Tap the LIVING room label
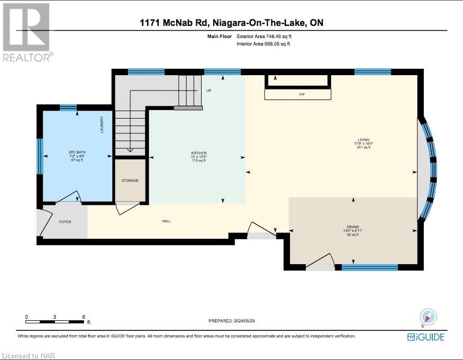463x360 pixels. (x=363, y=140)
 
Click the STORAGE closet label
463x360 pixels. (x=130, y=181)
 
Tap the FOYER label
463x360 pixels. (x=65, y=222)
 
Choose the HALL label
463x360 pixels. (x=166, y=221)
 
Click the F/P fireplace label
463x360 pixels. (x=302, y=94)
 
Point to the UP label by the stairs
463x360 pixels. (x=208, y=91)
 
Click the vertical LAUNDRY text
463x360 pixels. (x=102, y=125)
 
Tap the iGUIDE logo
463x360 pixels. (x=425, y=337)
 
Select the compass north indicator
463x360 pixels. (x=429, y=317)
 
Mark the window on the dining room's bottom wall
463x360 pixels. (x=369, y=267)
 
